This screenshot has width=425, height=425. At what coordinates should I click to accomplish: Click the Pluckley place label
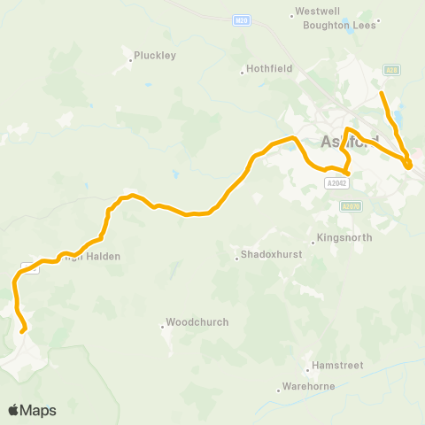click(155, 56)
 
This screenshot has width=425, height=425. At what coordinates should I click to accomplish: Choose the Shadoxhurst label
click(268, 258)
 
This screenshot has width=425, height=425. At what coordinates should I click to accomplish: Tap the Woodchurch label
click(197, 322)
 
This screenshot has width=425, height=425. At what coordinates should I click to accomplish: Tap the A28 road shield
click(391, 69)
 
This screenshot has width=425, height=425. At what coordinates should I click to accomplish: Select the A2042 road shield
click(336, 183)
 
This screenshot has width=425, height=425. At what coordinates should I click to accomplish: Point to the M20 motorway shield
click(242, 19)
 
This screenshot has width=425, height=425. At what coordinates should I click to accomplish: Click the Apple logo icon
click(13, 410)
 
